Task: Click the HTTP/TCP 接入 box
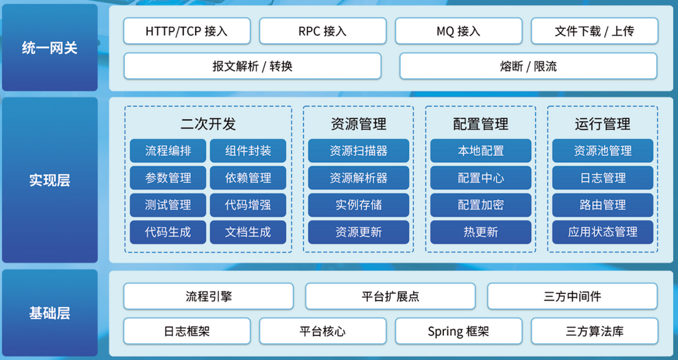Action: coord(187,31)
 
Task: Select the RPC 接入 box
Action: coord(322,31)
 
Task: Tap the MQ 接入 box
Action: coord(458,31)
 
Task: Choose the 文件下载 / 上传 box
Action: coord(594,31)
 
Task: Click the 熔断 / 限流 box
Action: coord(528,66)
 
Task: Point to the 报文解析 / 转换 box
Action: coord(252,66)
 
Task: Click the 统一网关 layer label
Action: coord(50,48)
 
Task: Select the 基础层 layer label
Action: coord(50,313)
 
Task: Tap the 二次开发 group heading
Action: coord(208,124)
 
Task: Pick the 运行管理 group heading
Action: coord(603,124)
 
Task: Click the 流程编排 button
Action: coord(168,151)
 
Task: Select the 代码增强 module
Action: coord(248,205)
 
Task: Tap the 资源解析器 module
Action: coord(358,178)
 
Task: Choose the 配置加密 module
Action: coord(481,205)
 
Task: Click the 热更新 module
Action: coord(481,232)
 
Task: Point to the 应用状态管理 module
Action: coord(603,232)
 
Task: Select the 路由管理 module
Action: coord(603,205)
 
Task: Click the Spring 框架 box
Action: coord(458,331)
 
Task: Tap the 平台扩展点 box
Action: coord(390,296)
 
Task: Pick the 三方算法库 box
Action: coord(594,331)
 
